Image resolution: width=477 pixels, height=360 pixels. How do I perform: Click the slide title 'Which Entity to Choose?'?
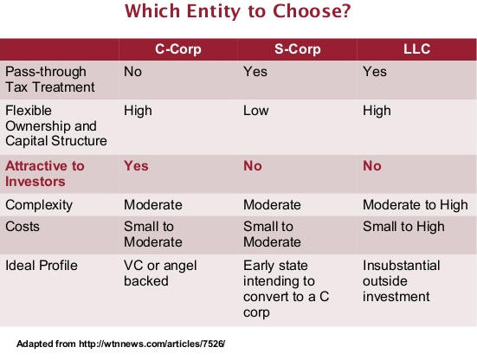[238, 11]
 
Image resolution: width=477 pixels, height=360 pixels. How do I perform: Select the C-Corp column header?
[178, 49]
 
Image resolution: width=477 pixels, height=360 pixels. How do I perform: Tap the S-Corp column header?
[297, 49]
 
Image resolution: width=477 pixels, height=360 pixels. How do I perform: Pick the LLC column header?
[416, 49]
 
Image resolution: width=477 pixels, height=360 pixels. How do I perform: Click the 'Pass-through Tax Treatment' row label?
[50, 80]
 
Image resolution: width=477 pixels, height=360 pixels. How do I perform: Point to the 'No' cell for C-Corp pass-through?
[132, 72]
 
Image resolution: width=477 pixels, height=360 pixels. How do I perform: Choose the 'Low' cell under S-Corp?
[256, 111]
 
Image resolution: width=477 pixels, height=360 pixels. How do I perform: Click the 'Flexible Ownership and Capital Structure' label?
[56, 125]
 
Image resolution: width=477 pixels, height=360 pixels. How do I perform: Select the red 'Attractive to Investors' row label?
[45, 174]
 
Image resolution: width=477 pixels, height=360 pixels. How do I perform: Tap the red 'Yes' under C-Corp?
[136, 166]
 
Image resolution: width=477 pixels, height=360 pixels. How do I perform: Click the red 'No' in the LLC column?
[372, 166]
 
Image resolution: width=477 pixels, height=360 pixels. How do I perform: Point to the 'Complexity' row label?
[39, 205]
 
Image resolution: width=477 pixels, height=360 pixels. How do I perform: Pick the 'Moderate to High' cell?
[416, 205]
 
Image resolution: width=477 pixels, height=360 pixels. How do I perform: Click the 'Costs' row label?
[23, 227]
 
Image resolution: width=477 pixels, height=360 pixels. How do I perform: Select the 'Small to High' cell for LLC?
[403, 227]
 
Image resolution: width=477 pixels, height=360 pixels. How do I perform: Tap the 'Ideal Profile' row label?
[42, 266]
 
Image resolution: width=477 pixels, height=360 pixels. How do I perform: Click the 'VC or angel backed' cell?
[160, 273]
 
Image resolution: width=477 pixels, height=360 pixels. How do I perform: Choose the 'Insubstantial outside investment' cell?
[402, 281]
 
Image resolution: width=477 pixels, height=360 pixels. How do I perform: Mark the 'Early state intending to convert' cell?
[286, 289]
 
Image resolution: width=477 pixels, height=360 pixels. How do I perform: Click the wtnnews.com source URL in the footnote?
[151, 344]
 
